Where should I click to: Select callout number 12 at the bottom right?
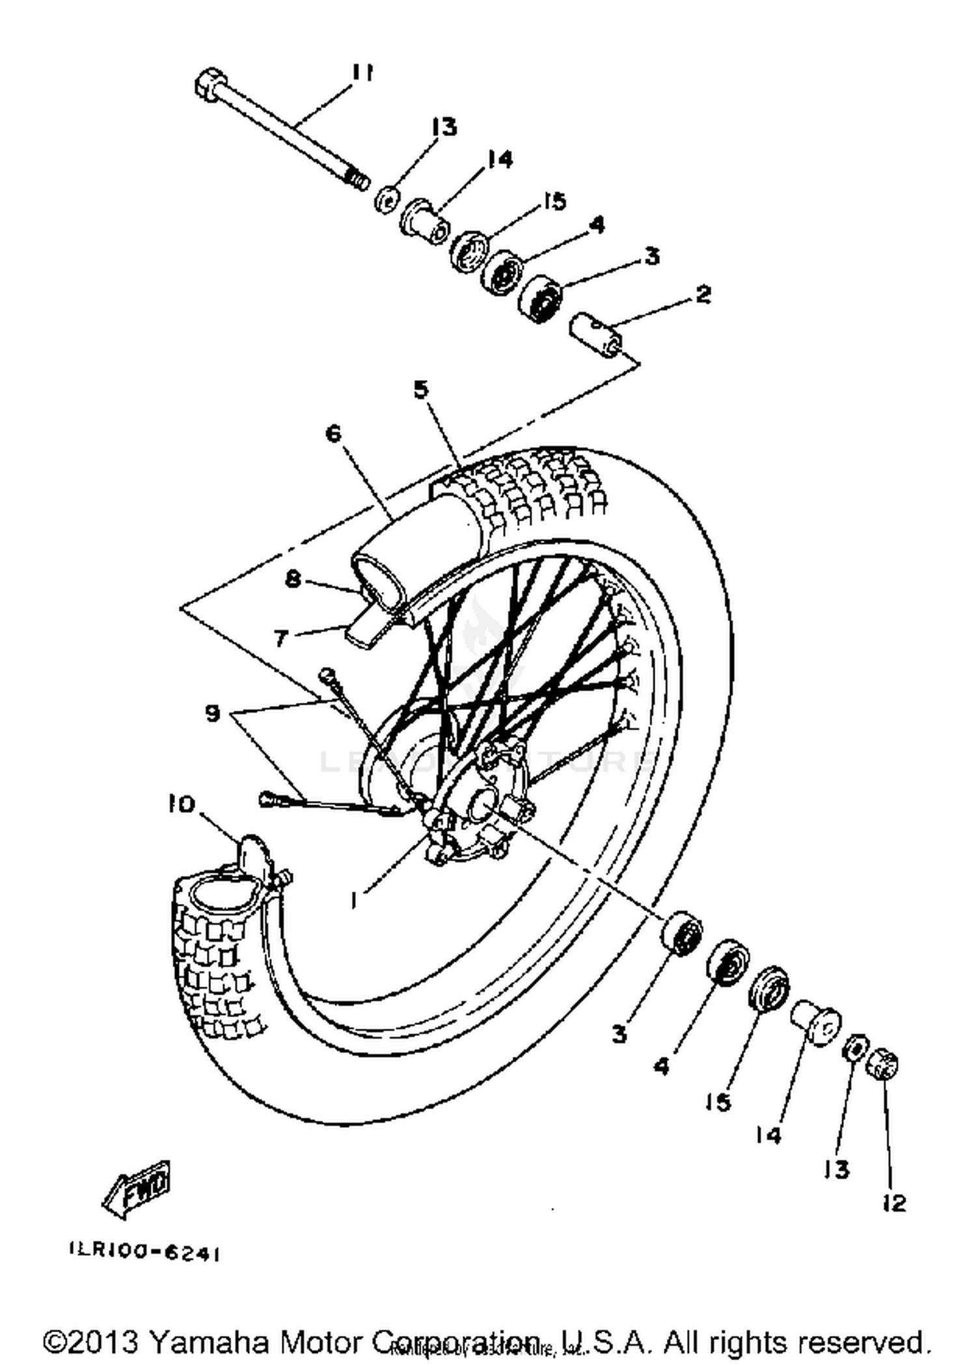coord(894,1203)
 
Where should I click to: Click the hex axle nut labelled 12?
coord(883,1063)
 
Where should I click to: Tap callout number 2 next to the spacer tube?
coord(703,295)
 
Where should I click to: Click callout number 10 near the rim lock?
coord(182,805)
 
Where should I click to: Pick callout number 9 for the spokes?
coord(212,714)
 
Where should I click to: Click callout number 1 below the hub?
coord(355,901)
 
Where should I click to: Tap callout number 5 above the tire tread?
coord(421,390)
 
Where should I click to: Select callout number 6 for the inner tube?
coord(333,433)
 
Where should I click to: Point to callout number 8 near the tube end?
coord(293,578)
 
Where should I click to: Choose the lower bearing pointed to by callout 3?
coord(681,933)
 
